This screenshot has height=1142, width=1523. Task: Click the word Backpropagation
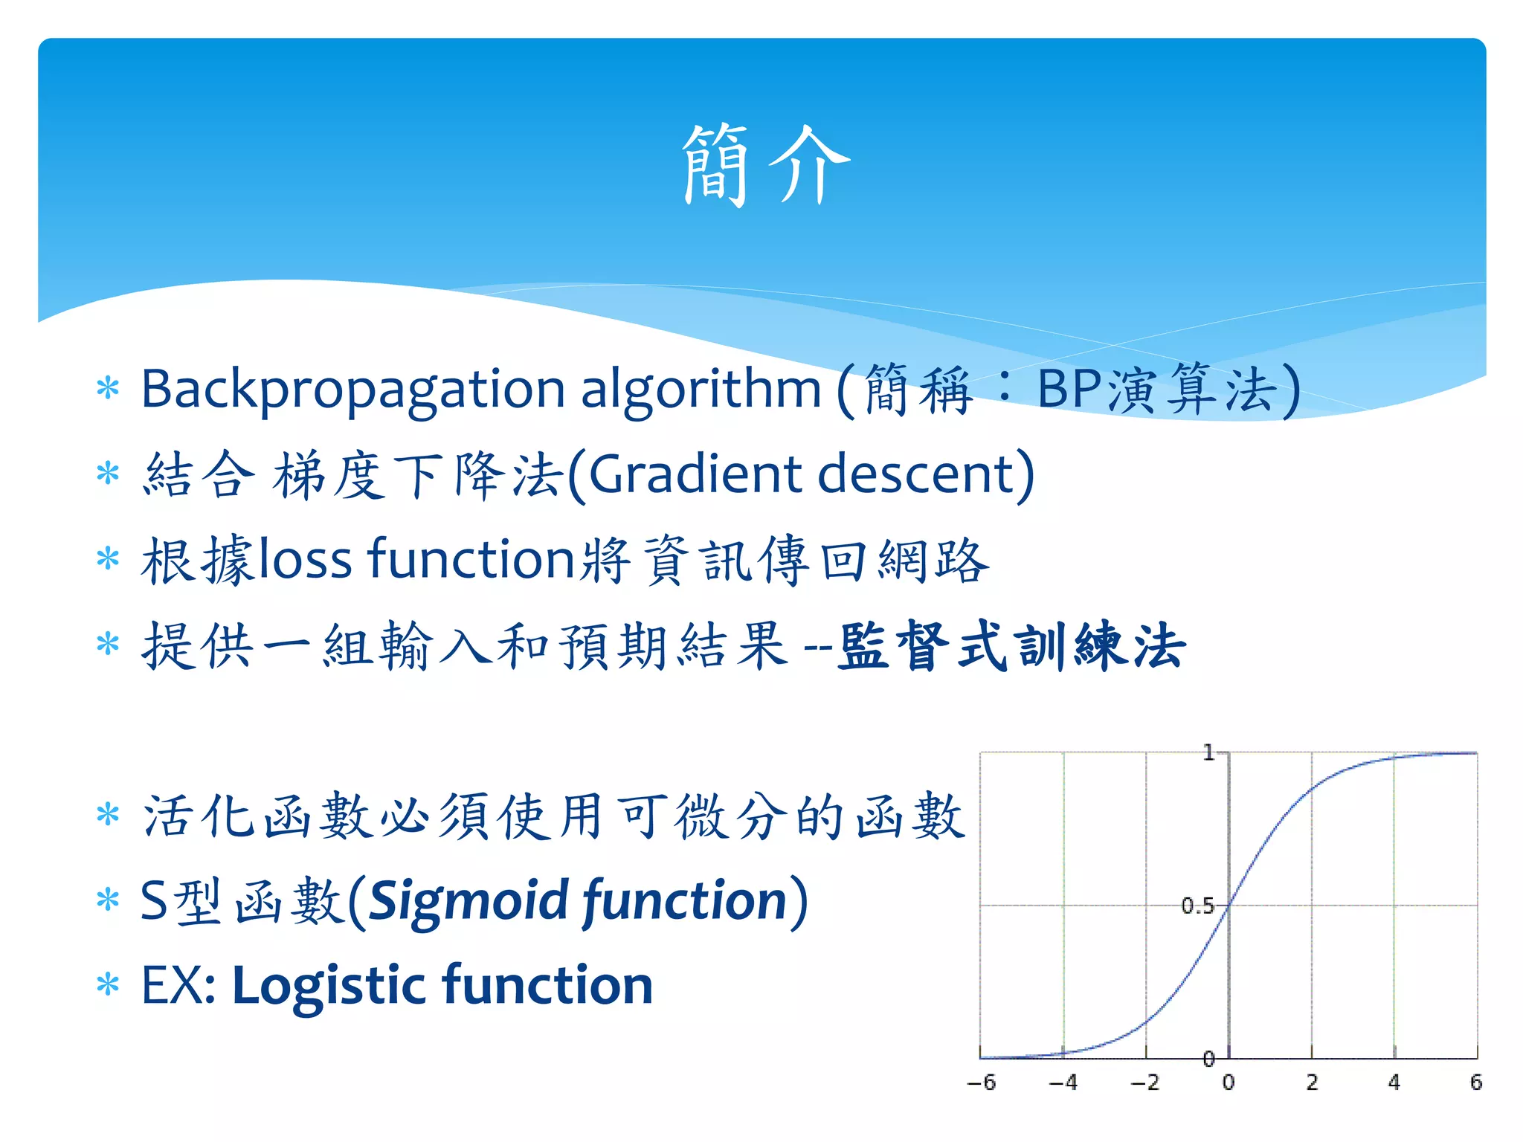353,390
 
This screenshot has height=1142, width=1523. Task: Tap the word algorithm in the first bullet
700,388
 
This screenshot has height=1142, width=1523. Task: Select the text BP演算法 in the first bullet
1156,390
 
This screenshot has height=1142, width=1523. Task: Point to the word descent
918,474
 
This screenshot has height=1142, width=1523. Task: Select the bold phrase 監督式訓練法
1011,645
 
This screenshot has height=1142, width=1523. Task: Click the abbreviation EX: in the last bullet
178,986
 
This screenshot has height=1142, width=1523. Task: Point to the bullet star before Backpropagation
108,388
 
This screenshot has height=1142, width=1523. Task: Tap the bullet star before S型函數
108,900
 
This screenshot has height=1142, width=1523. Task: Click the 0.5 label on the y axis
1197,906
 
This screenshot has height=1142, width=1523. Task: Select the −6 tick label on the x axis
981,1083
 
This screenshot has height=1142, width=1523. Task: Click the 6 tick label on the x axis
1476,1083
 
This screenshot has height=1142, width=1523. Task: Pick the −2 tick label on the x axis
1145,1083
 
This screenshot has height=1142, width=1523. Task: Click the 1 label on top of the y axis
1208,753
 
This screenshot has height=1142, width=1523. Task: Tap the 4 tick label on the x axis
1394,1083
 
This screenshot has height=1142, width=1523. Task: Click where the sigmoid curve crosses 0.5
1229,905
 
